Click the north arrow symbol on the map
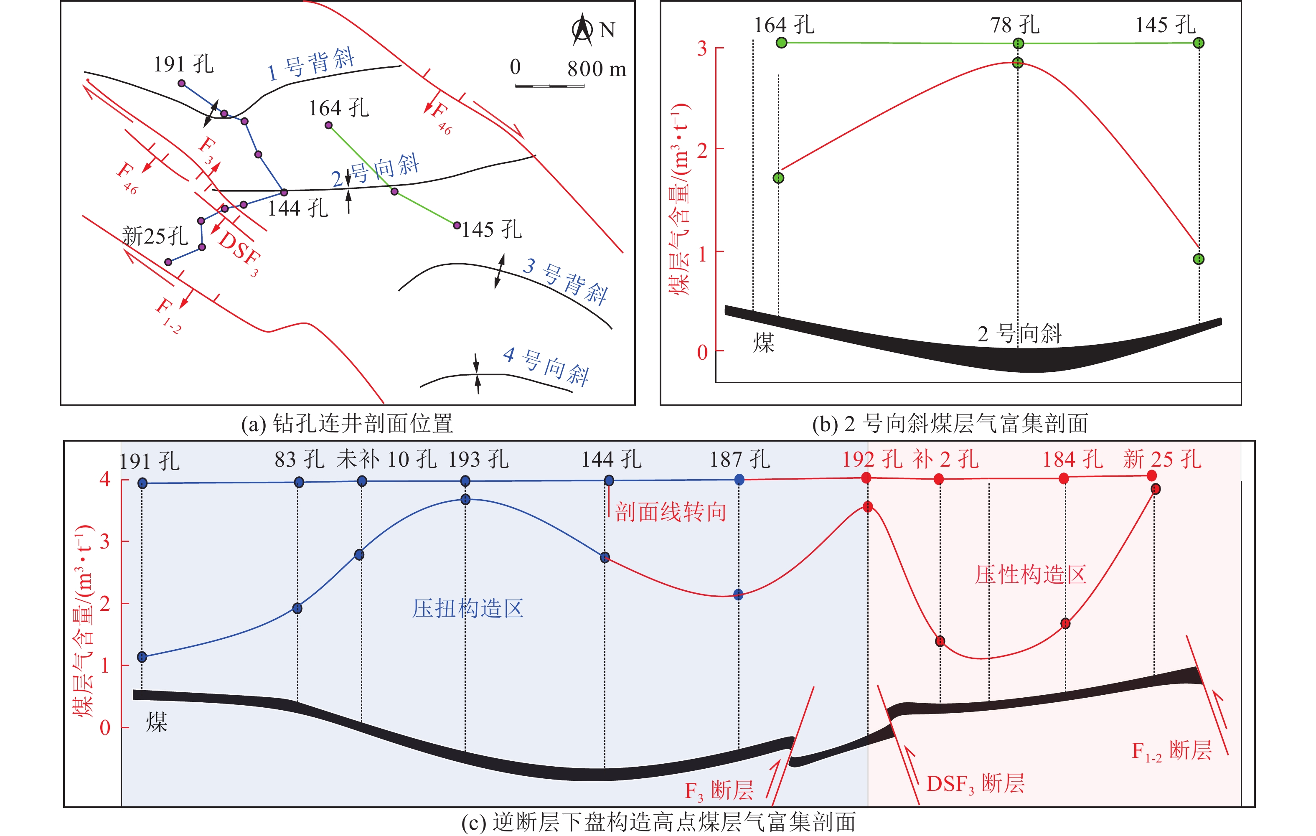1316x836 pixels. [x=582, y=30]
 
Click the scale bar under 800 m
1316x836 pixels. [x=550, y=86]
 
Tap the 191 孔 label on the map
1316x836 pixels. [x=184, y=64]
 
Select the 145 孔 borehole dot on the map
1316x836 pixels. [x=457, y=225]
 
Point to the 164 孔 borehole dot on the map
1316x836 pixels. [x=328, y=125]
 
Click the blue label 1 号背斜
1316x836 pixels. [x=311, y=64]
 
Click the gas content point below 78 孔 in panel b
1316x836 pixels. [x=1018, y=63]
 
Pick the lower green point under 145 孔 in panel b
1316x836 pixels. [x=1199, y=259]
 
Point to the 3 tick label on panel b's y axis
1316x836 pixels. [x=702, y=48]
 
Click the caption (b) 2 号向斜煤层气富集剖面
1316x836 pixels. [x=950, y=424]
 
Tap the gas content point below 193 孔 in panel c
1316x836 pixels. [x=465, y=499]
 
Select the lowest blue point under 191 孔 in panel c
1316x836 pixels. [x=142, y=657]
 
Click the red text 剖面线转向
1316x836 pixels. [x=671, y=512]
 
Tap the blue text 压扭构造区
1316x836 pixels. [x=468, y=608]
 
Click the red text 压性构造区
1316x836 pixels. [x=1030, y=574]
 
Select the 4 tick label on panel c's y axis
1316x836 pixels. [x=105, y=479]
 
